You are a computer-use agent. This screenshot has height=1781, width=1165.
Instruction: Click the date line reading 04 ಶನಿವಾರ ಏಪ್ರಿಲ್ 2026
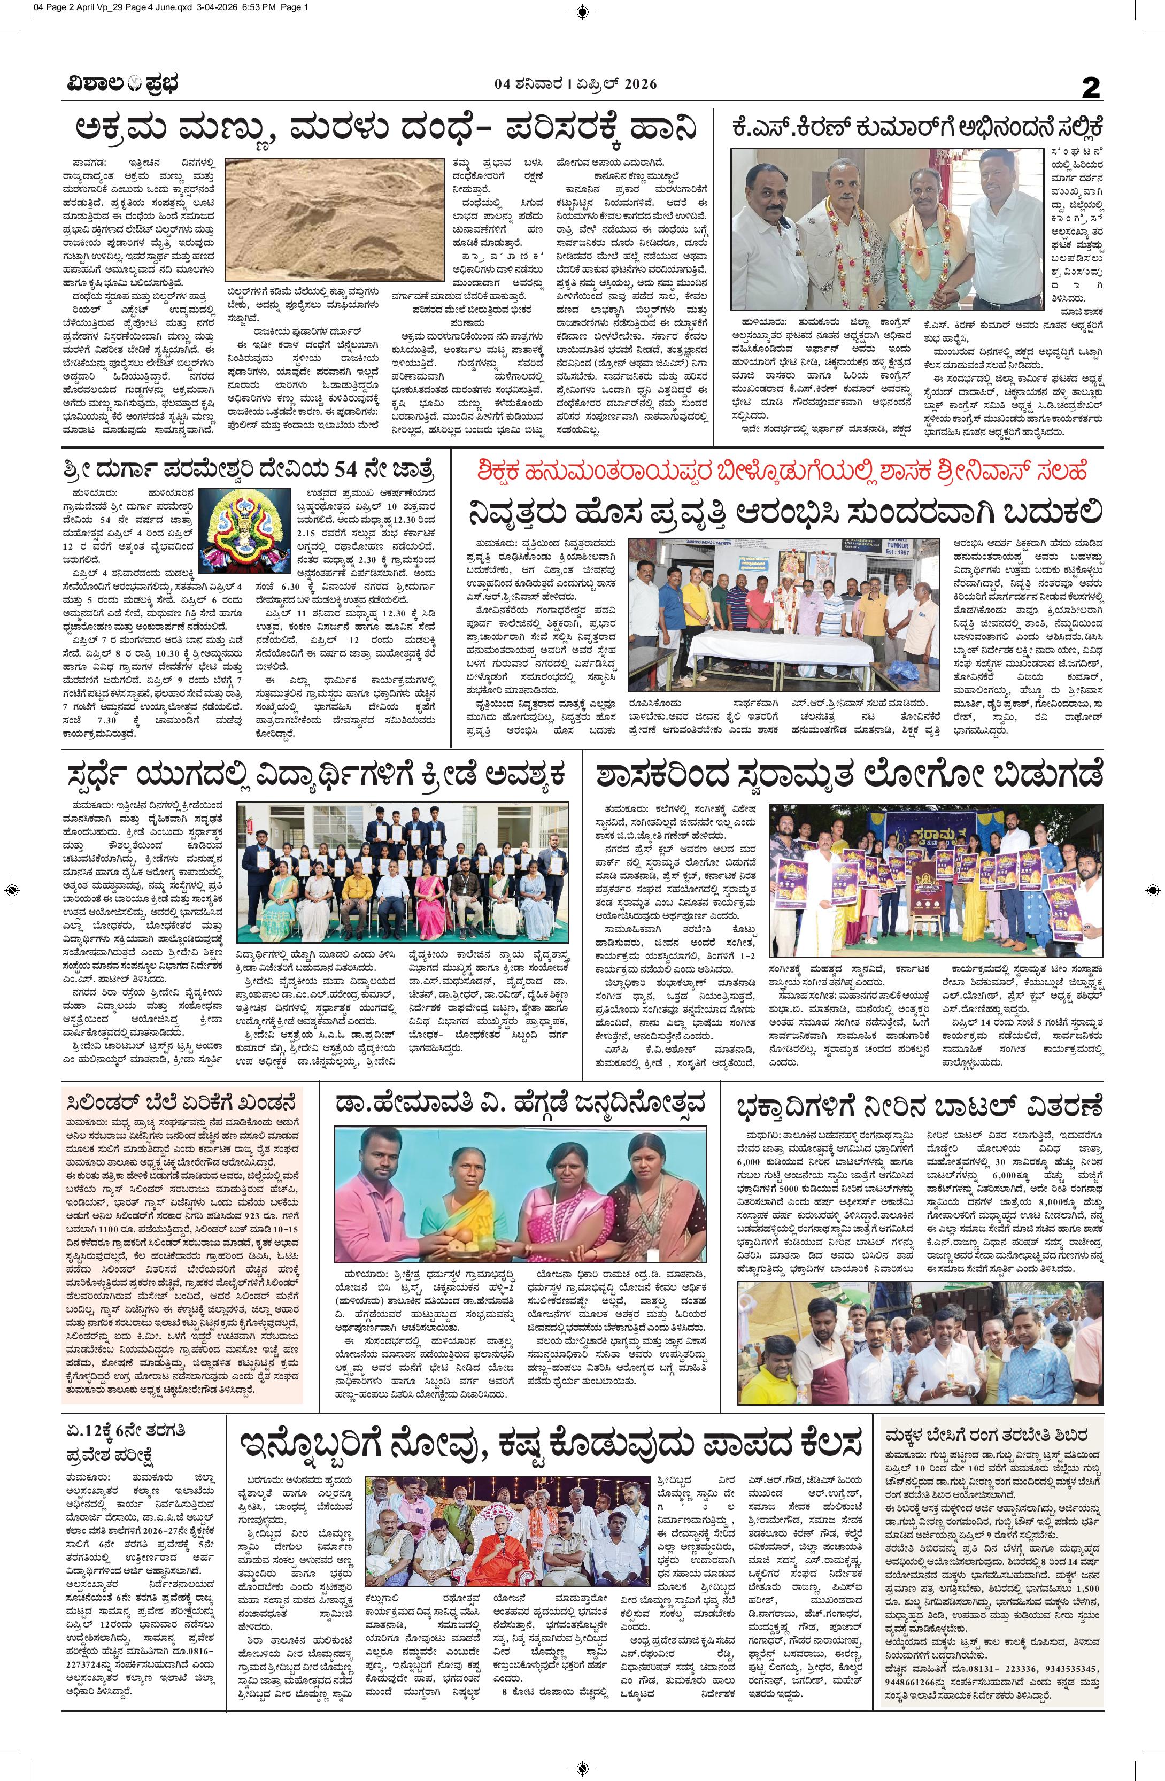pos(575,84)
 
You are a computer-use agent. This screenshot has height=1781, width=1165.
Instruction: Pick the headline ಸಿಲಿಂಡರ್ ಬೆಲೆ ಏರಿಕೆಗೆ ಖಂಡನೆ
pos(181,1102)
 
